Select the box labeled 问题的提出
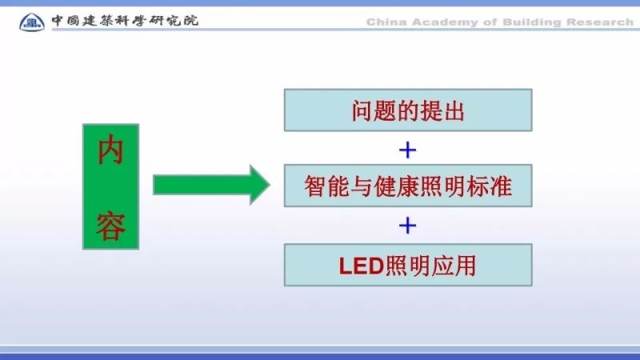click(408, 110)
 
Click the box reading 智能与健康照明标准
click(408, 186)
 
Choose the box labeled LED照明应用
click(408, 265)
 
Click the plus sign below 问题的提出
click(408, 149)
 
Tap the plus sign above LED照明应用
click(408, 226)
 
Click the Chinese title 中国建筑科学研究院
click(125, 20)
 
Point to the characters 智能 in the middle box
click(327, 187)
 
